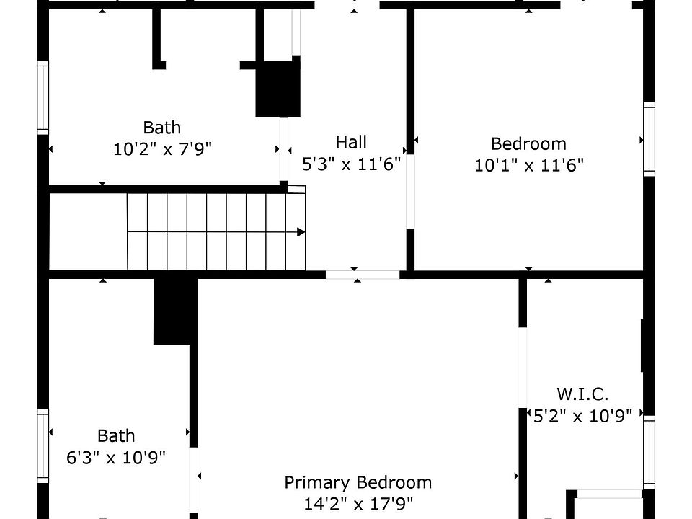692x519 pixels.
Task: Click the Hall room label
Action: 351,142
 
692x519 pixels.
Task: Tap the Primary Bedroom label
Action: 358,482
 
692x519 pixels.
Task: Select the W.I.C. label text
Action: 582,394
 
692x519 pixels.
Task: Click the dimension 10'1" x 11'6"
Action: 528,165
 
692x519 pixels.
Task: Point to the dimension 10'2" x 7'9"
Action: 162,149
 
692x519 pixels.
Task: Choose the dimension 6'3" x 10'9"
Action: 116,457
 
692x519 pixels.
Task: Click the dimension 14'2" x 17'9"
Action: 358,504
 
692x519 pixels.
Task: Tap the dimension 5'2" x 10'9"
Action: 582,415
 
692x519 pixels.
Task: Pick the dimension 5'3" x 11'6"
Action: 351,164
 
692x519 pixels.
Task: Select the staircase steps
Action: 216,231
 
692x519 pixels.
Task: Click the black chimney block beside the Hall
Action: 278,89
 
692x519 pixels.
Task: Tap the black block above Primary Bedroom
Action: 175,311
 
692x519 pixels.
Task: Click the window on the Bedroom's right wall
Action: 649,139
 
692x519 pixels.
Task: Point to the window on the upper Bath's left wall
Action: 43,97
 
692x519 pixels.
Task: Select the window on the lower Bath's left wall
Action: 43,445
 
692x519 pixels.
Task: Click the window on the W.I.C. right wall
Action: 649,453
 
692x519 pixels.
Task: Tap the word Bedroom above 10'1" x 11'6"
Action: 528,143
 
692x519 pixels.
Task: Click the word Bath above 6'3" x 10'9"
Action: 116,435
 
